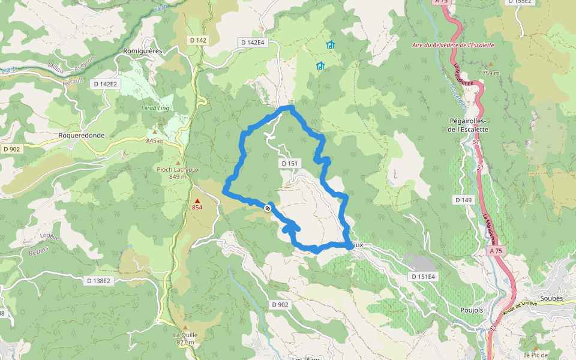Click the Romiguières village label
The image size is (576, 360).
143,51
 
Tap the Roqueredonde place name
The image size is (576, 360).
82,136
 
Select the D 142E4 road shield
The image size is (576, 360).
253,43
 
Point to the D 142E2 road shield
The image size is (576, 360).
106,84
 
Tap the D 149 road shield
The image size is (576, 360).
464,199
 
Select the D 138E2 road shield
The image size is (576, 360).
98,280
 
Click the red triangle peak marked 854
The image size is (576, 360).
197,201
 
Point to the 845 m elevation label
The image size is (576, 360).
154,141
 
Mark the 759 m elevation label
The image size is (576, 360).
490,73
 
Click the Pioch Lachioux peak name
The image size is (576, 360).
177,169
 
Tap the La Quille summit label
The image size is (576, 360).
185,335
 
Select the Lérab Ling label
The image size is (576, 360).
155,108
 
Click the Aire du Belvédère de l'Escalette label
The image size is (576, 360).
453,45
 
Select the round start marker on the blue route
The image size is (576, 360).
268,208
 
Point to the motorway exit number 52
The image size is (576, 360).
493,328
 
